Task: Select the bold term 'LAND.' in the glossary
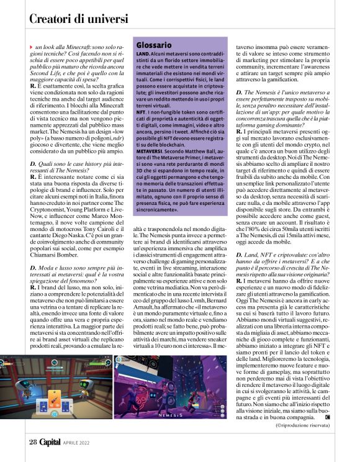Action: click(x=142, y=55)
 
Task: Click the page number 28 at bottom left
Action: click(x=33, y=442)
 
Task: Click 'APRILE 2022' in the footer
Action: click(x=80, y=443)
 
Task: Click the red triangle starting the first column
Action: click(x=32, y=47)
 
